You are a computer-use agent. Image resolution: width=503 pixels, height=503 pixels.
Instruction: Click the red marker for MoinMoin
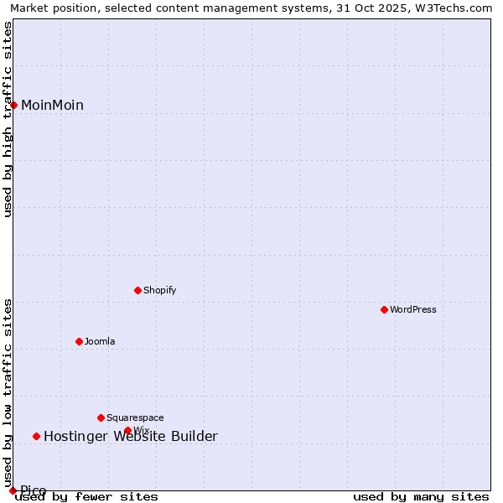(14, 105)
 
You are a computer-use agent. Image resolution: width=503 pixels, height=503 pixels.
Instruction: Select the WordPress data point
(385, 309)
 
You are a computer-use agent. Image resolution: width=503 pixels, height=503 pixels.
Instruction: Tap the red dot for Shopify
(138, 290)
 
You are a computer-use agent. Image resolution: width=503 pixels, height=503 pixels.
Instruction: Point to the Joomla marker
(80, 341)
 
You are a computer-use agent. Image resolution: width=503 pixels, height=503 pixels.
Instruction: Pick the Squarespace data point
(101, 417)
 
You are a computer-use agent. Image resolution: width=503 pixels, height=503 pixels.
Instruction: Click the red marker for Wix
(128, 430)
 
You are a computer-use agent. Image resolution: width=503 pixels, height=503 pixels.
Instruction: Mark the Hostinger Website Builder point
(37, 436)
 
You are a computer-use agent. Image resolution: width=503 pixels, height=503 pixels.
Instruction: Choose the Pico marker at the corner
(13, 490)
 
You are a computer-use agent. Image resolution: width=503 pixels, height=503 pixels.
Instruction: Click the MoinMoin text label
(52, 105)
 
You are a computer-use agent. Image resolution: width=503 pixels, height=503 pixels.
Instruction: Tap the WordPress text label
(413, 309)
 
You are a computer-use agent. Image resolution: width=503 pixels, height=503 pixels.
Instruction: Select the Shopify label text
(160, 290)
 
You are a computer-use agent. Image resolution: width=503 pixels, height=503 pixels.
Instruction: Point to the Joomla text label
(100, 341)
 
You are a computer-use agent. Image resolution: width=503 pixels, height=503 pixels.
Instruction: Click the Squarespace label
(135, 417)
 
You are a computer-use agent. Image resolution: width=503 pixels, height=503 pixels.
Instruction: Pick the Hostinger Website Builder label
(131, 436)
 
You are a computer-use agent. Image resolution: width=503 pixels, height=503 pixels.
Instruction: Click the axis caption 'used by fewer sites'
(86, 496)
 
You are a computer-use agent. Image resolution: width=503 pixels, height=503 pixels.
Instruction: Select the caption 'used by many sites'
(421, 496)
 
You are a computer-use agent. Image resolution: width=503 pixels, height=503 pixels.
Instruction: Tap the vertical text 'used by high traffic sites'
(8, 119)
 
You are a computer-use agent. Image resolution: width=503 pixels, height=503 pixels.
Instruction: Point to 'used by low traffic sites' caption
(8, 387)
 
